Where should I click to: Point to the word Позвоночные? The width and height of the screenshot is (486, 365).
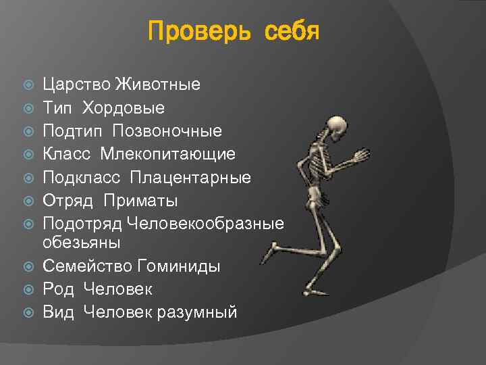[167, 130]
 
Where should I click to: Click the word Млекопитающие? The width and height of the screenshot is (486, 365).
[168, 154]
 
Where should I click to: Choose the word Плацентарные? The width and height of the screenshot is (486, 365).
[190, 177]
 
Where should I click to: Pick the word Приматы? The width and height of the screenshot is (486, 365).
[141, 200]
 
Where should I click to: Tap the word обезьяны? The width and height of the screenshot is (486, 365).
[80, 241]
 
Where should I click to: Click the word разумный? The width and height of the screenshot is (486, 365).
[204, 312]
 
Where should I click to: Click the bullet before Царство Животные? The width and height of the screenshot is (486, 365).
[28, 84]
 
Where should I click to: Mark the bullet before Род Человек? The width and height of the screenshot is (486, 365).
[28, 289]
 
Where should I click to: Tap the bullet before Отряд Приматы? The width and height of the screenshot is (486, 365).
[28, 200]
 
